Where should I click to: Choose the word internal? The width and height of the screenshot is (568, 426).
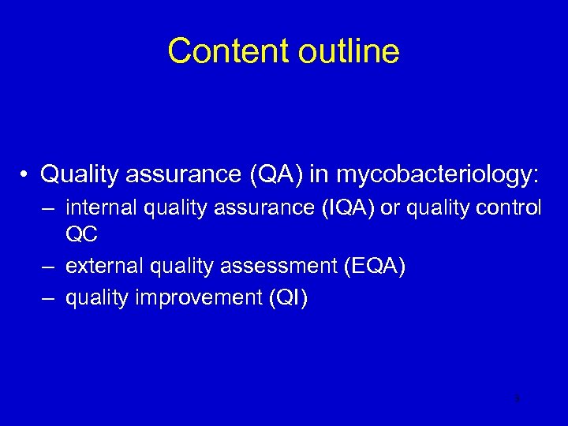[x=99, y=207]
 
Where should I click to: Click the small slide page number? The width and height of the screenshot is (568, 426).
[x=516, y=399]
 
